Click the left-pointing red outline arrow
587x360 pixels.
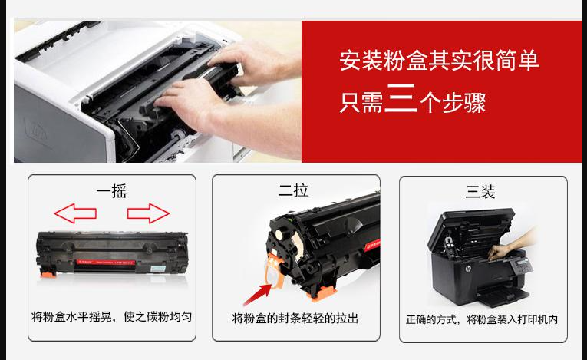coord(75,213)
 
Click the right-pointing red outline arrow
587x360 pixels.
coord(148,213)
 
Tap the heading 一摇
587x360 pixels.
coord(111,191)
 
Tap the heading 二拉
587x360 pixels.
coord(293,190)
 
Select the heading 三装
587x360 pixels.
coord(480,192)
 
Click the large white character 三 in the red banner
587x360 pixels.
coord(401,97)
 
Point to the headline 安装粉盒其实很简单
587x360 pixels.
coord(440,61)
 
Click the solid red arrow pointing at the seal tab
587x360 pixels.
coord(258,295)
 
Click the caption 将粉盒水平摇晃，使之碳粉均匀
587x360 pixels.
coord(111,317)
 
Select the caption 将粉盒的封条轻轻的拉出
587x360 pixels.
coord(295,319)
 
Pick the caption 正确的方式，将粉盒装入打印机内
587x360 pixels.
coord(482,319)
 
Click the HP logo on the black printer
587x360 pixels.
coord(467,269)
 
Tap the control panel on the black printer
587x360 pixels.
coord(523,266)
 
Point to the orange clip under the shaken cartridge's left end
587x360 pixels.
coord(48,274)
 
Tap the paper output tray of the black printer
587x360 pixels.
coord(503,294)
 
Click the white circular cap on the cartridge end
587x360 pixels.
coord(279,235)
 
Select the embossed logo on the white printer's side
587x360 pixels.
coord(36,132)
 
